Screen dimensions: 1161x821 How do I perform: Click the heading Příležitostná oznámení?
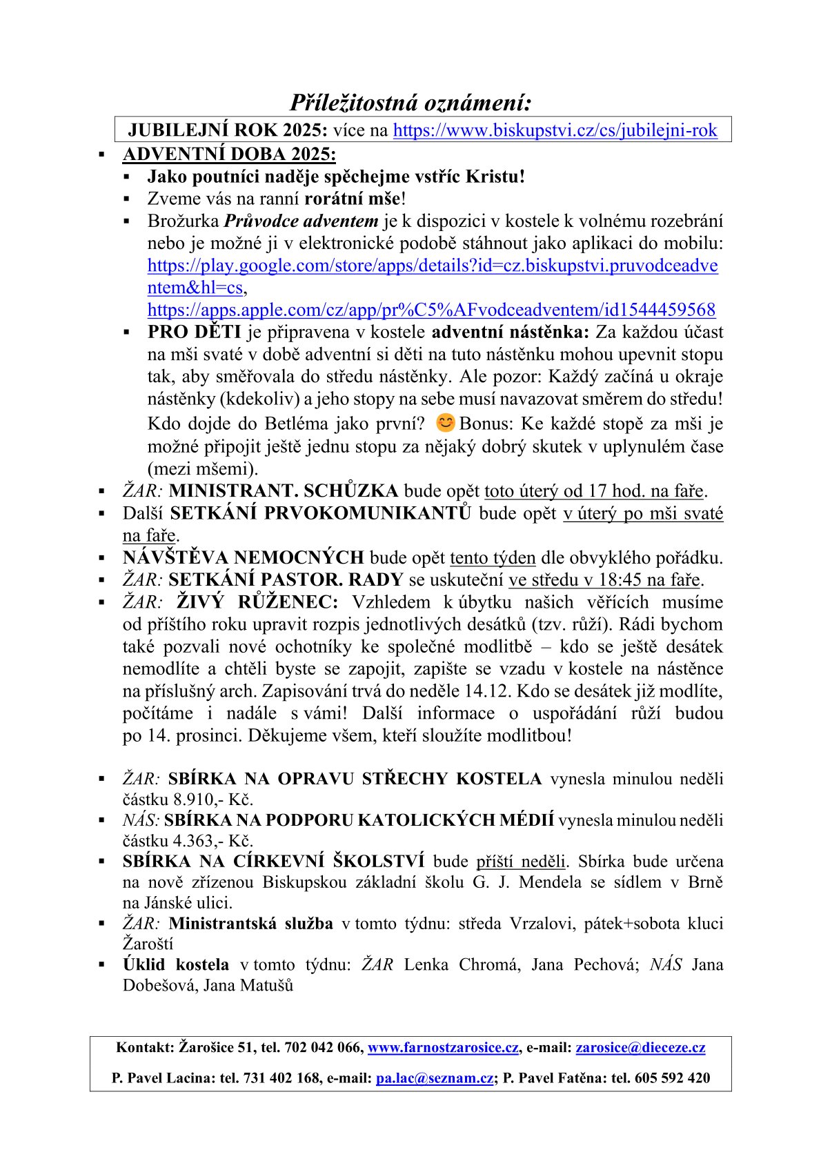(x=410, y=103)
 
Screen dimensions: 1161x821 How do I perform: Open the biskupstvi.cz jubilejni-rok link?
(x=555, y=130)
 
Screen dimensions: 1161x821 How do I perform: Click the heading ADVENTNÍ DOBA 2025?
(x=229, y=154)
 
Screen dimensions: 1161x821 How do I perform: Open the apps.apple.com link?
(x=431, y=310)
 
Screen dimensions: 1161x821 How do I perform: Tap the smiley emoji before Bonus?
(x=446, y=421)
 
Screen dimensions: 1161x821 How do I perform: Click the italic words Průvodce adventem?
(x=301, y=221)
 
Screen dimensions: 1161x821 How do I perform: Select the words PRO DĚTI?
(x=194, y=332)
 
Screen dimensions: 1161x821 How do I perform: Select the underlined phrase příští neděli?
(x=521, y=862)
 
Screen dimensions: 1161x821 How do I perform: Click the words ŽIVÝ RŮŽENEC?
(x=257, y=602)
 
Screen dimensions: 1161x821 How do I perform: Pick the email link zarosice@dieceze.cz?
(x=640, y=1047)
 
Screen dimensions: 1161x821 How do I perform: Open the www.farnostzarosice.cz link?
(x=443, y=1047)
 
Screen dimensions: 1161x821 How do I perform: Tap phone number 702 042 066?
(x=323, y=1047)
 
